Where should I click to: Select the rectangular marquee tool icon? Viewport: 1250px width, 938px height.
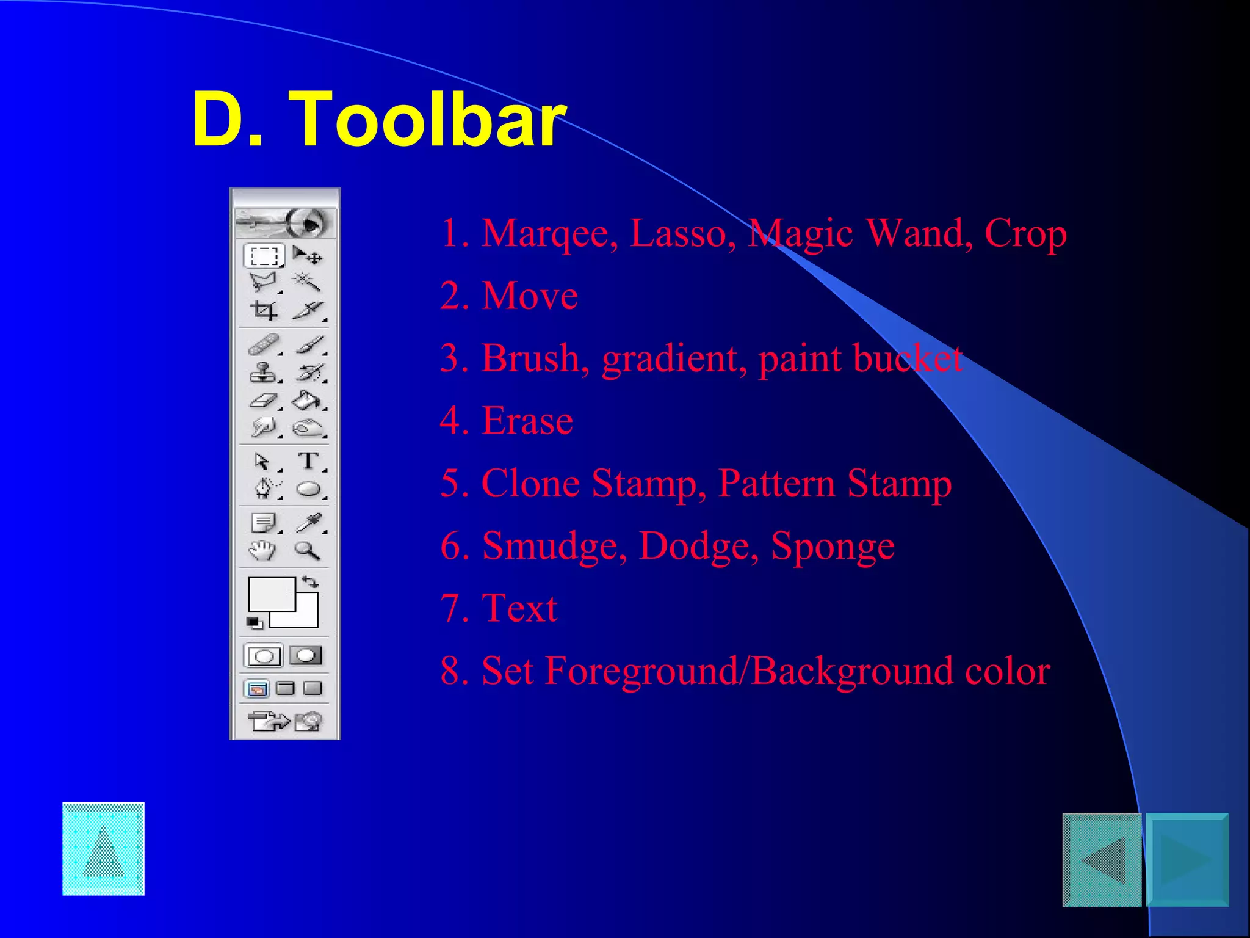[264, 255]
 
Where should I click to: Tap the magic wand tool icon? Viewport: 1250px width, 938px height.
[307, 282]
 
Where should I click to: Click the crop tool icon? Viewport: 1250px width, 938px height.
[264, 310]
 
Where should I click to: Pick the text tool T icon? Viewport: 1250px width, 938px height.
[308, 460]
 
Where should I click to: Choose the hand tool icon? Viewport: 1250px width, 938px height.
[262, 550]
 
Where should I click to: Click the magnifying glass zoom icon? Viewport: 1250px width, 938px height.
[307, 550]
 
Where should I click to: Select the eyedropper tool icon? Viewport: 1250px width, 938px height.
[308, 523]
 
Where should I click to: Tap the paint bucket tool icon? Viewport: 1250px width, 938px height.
[307, 401]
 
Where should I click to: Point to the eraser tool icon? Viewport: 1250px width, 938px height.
[263, 401]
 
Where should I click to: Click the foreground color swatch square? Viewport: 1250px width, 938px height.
[271, 594]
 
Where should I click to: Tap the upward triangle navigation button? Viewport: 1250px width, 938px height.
[103, 849]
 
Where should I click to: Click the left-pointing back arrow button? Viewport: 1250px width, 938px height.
[1102, 859]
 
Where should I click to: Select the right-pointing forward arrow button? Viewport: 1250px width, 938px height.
[1187, 859]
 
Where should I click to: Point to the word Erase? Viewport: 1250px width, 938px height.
[527, 421]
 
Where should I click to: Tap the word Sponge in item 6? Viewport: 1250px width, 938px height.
[833, 546]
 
